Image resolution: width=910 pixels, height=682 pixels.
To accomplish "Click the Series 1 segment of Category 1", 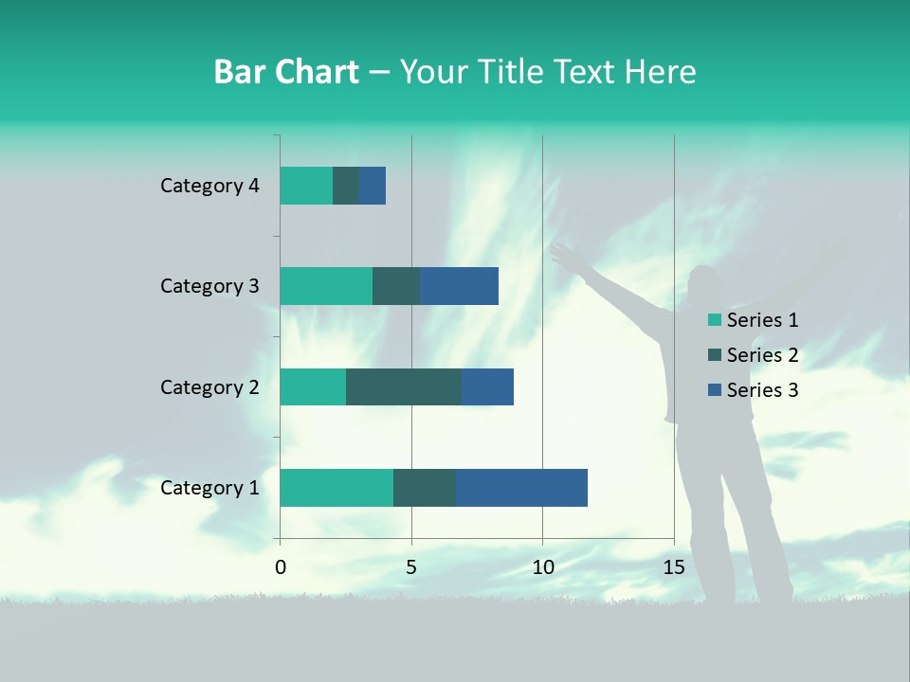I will click(337, 488).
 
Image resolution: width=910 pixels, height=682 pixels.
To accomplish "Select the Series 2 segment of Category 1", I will click(425, 488).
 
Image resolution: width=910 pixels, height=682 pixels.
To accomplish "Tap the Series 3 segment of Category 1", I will click(521, 488).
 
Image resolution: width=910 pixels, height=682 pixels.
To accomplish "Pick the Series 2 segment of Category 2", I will click(404, 386).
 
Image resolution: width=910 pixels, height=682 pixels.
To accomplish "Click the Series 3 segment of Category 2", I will click(487, 386).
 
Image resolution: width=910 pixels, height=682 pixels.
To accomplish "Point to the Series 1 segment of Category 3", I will click(326, 286).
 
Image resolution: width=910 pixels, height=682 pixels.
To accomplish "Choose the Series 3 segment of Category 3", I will click(459, 286).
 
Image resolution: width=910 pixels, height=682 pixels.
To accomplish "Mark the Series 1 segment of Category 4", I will click(306, 186).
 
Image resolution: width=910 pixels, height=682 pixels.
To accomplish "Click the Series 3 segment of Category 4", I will click(373, 186).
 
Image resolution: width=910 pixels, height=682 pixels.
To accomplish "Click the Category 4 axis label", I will click(209, 186).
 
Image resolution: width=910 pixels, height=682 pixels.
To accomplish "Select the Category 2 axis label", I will click(209, 386).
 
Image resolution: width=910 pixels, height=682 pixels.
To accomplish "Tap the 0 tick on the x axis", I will click(281, 567).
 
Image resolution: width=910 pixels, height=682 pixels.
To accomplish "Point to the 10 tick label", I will click(542, 567).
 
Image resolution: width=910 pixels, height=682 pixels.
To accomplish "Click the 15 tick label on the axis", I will click(674, 567).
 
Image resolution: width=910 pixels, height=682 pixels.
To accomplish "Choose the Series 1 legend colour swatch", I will click(715, 320).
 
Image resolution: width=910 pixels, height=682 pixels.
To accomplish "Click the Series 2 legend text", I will click(762, 355).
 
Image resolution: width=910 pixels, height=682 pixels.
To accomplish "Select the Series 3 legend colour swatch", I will click(715, 390).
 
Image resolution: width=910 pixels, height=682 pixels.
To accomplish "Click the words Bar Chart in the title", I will click(286, 72).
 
